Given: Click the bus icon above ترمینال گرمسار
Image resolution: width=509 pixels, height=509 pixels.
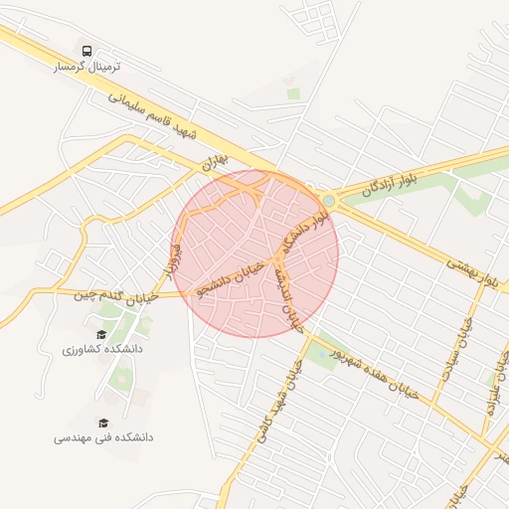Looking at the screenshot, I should click(86, 51).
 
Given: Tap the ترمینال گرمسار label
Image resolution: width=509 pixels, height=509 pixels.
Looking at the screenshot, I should click(86, 67).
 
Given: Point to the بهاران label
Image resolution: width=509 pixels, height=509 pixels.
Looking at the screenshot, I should click(214, 158).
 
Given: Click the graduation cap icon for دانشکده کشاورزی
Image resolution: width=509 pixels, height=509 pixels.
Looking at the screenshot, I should click(101, 334).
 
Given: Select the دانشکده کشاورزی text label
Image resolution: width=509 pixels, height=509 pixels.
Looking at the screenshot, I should click(101, 350).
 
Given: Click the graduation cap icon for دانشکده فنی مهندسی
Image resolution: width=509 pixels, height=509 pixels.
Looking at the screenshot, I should click(102, 422).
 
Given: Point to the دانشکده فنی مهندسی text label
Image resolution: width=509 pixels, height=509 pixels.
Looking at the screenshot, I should click(102, 437).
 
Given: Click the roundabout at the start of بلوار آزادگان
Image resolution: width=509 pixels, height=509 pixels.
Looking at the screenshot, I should click(328, 201).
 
